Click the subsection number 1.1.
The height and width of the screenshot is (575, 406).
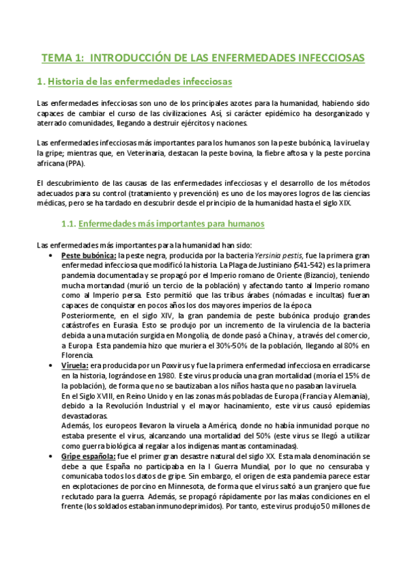pyautogui.click(x=68, y=223)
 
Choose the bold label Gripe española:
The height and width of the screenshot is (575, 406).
pyautogui.click(x=89, y=457)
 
